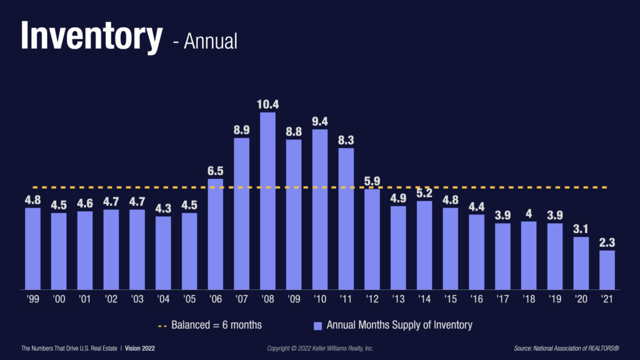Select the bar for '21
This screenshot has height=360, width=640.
coord(607,270)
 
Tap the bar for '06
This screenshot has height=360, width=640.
coord(216,234)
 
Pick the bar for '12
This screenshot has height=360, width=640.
coord(372,239)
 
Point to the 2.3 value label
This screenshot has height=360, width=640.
coord(607,242)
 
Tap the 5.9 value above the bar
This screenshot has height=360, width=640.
coord(372,181)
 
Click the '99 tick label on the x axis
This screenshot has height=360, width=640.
coord(32,300)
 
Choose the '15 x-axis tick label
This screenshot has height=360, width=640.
coord(450,300)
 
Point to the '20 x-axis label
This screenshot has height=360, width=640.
coord(581,300)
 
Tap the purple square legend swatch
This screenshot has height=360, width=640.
coord(317,326)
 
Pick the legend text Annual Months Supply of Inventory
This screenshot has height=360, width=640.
coord(399,325)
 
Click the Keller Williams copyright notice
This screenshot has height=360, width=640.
coord(320,347)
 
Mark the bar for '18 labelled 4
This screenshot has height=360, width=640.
coord(528,256)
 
